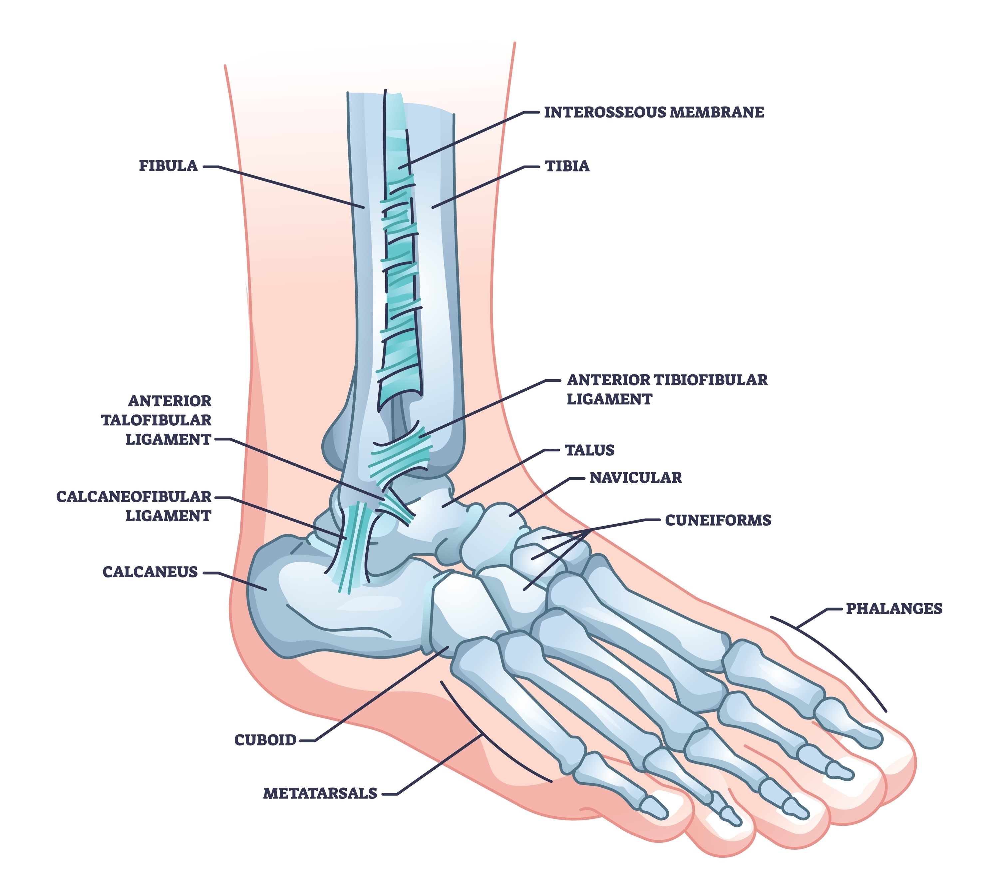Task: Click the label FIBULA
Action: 168,166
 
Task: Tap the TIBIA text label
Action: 567,166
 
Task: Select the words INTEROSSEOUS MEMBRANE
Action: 654,112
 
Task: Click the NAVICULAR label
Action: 635,478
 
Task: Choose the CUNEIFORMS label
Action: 718,520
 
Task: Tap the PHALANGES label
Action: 893,609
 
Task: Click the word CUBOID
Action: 265,740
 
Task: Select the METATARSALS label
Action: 320,793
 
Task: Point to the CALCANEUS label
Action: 150,572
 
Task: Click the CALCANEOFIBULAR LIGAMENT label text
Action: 134,506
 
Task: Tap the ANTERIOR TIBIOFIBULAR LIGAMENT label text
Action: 666,389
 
